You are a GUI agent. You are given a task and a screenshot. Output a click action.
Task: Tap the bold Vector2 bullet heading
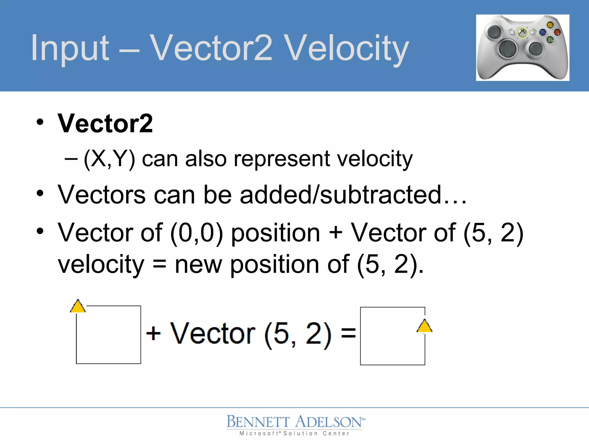[105, 123]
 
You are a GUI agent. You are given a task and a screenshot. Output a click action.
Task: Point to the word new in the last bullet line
[198, 264]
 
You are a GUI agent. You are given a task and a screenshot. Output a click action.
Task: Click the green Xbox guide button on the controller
[522, 33]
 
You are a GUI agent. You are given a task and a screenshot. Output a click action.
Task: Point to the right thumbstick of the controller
[536, 48]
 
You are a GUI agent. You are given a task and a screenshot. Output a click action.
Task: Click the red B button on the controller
[557, 32]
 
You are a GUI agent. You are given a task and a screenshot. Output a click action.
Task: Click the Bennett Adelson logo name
[295, 422]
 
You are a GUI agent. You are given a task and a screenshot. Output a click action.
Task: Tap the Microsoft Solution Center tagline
[294, 433]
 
